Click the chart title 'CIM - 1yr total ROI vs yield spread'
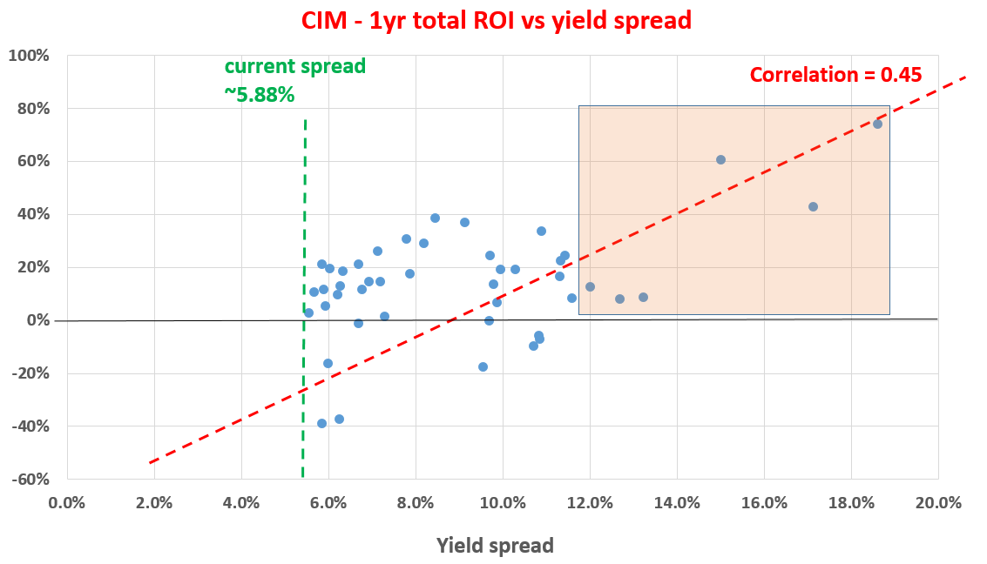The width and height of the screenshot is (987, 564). pos(496,20)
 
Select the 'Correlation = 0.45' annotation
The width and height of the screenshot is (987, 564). pos(835,75)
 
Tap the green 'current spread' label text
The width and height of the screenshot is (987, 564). pos(294,67)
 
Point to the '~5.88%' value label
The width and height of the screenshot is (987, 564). pos(260,95)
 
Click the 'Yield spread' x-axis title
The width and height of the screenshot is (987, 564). pos(495,546)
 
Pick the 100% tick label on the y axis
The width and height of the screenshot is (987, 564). pos(31,56)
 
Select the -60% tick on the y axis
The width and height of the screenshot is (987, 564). pos(31,480)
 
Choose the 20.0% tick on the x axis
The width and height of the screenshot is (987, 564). pos(938,503)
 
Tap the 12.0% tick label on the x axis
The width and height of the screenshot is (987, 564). pos(590,503)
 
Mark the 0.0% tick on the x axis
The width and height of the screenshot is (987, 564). pos(67,503)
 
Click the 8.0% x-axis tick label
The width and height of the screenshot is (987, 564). pos(416,503)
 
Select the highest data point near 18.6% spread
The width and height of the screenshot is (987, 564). pos(877,124)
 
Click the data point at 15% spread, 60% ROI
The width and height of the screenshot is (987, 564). pos(720,159)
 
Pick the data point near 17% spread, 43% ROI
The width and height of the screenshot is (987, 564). pos(813,206)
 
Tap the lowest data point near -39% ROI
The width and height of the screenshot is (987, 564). pos(321,423)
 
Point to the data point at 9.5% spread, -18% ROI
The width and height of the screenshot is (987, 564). pos(483,366)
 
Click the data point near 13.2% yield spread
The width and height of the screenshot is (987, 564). pos(643,297)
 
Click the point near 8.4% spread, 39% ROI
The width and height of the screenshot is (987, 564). pos(435,218)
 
